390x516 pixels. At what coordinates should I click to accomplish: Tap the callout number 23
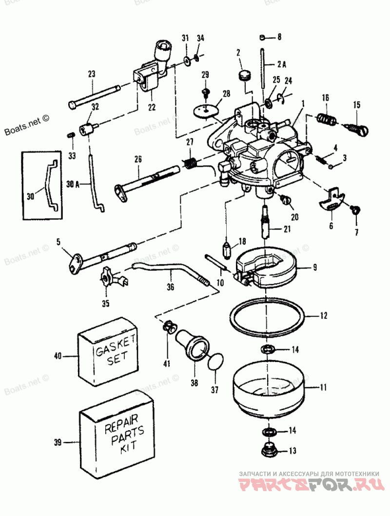click(x=92, y=74)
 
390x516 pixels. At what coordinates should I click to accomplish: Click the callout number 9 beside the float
click(x=315, y=267)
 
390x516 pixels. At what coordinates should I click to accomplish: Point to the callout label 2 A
click(x=282, y=64)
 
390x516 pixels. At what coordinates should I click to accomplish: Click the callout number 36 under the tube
click(x=170, y=287)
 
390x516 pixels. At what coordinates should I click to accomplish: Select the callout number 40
click(x=58, y=357)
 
